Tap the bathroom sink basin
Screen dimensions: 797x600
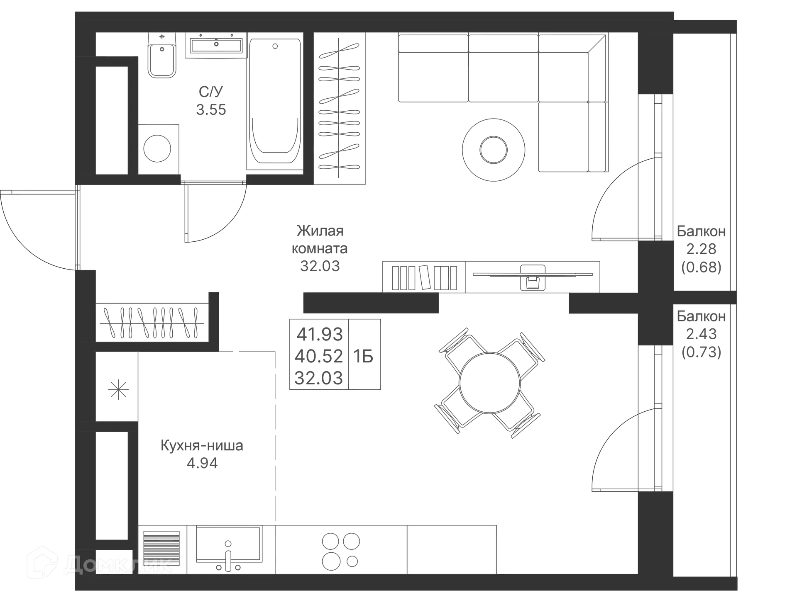[x=216, y=45]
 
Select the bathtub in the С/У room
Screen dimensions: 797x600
[x=274, y=104]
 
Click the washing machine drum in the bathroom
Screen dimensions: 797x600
[x=157, y=148]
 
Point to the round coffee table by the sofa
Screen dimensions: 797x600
[x=494, y=150]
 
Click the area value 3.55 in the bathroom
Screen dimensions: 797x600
[x=211, y=110]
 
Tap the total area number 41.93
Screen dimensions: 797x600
[x=320, y=334]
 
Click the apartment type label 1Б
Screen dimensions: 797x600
[x=364, y=356]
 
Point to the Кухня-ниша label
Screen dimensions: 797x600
[x=202, y=446]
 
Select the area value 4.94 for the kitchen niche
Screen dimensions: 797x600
[x=202, y=463]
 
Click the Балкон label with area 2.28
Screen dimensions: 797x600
[x=702, y=231]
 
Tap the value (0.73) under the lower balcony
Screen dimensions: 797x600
[x=702, y=352]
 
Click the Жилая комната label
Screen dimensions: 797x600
[x=320, y=239]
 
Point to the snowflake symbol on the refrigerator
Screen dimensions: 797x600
[x=118, y=390]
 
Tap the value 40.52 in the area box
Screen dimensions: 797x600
[x=319, y=356]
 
